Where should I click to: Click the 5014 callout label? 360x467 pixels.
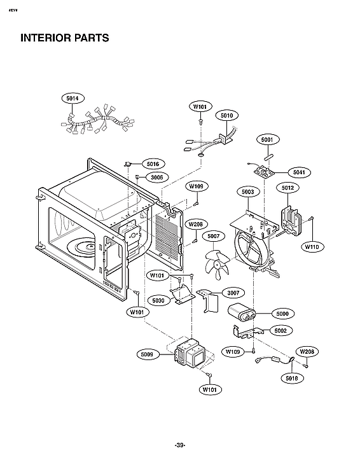72,99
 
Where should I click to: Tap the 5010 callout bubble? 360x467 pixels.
226,115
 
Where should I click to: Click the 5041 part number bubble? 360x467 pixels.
298,172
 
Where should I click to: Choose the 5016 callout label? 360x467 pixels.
153,164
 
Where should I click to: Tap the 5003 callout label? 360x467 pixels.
248,192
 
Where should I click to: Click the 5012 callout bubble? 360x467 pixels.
287,188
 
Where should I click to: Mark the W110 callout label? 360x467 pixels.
312,246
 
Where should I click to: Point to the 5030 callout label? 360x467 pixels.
158,300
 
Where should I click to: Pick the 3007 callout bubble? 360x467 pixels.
232,293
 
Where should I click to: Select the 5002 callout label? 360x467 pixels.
279,330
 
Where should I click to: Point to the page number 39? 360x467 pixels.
179,445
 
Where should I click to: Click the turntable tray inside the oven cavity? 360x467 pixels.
83,246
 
